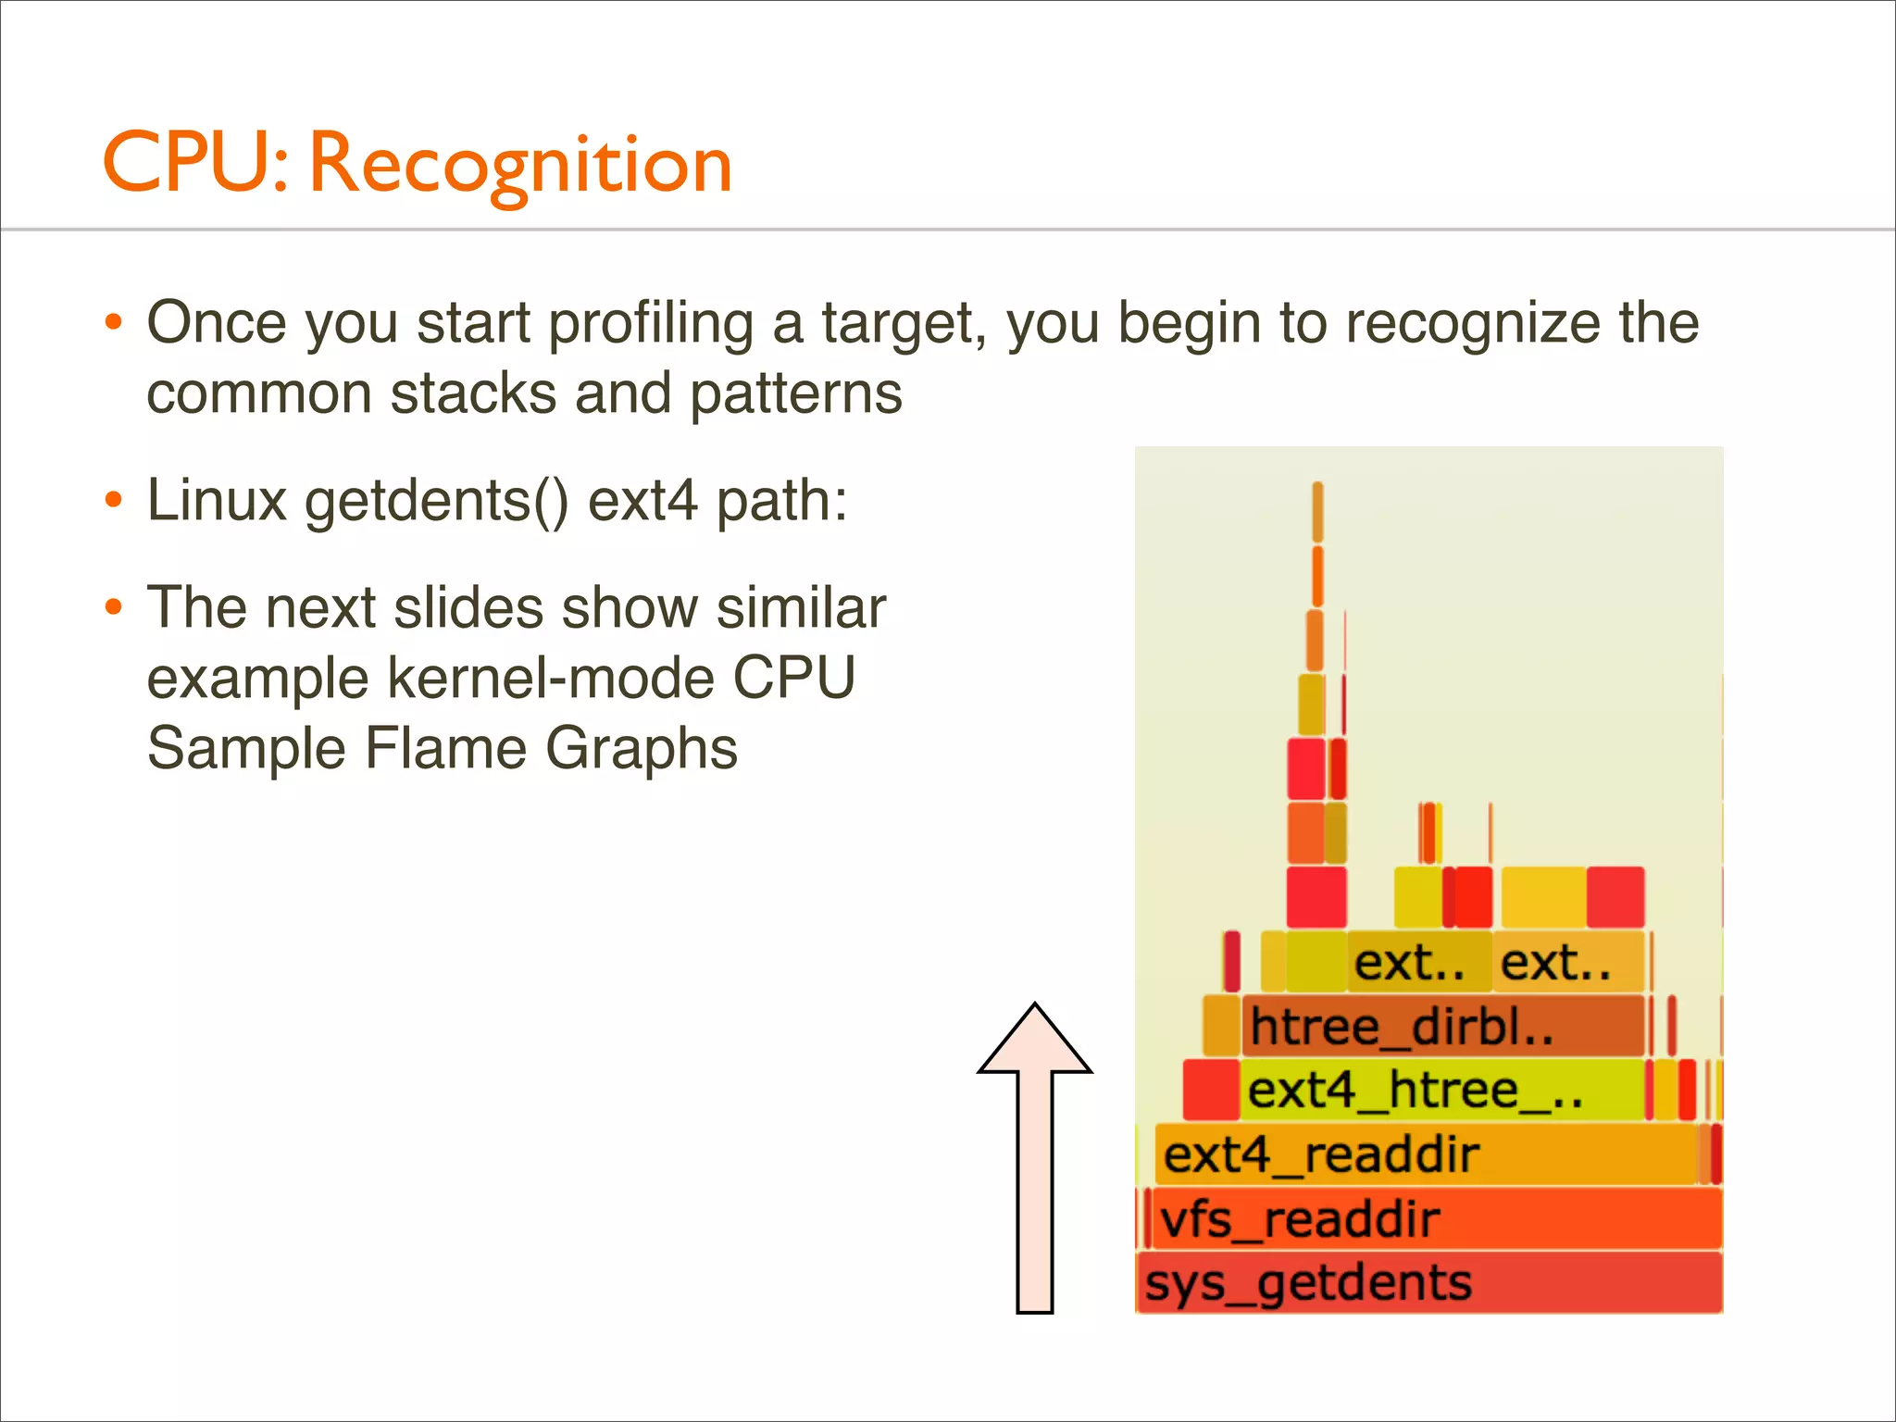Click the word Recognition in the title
coord(520,165)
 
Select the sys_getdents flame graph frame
coord(1428,1283)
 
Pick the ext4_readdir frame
coord(1426,1155)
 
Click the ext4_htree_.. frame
coord(1441,1091)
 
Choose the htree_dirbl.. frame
coord(1442,1027)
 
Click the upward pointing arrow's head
coord(1034,1042)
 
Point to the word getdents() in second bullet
coord(437,501)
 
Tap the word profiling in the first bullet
coord(651,323)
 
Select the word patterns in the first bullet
coord(796,393)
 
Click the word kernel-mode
coord(551,678)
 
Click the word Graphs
coord(641,748)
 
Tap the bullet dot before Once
coord(113,323)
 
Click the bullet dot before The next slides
coord(113,608)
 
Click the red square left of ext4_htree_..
coord(1211,1091)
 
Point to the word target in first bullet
coord(897,323)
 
